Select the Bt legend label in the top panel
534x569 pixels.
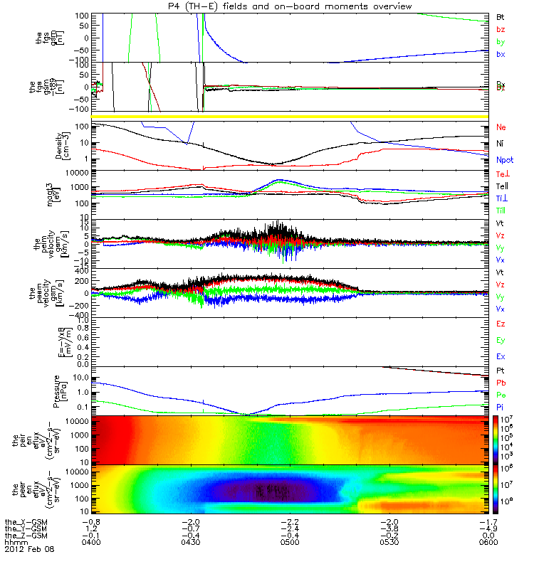(500, 16)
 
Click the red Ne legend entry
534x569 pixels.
(501, 127)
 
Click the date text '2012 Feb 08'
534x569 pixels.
(28, 549)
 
